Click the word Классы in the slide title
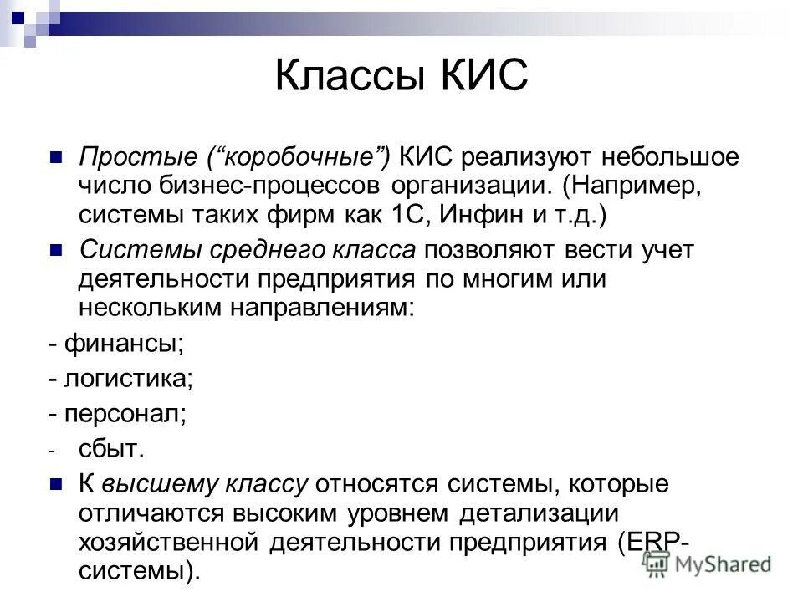coord(350,76)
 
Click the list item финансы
coord(123,343)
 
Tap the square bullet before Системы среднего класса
coord(57,249)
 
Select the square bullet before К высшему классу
coord(57,485)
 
